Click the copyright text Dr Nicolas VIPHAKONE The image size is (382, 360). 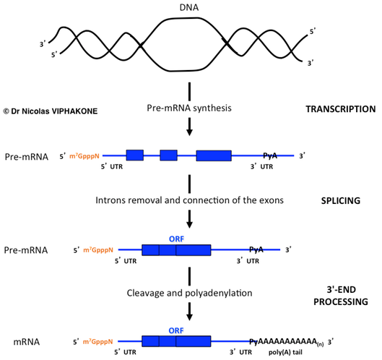[50, 111]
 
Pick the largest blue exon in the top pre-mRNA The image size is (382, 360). [214, 155]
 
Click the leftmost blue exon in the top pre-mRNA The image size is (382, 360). [134, 155]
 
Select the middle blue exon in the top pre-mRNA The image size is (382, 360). [168, 155]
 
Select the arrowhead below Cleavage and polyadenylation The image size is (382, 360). [188, 316]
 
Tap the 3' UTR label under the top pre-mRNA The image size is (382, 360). [261, 166]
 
